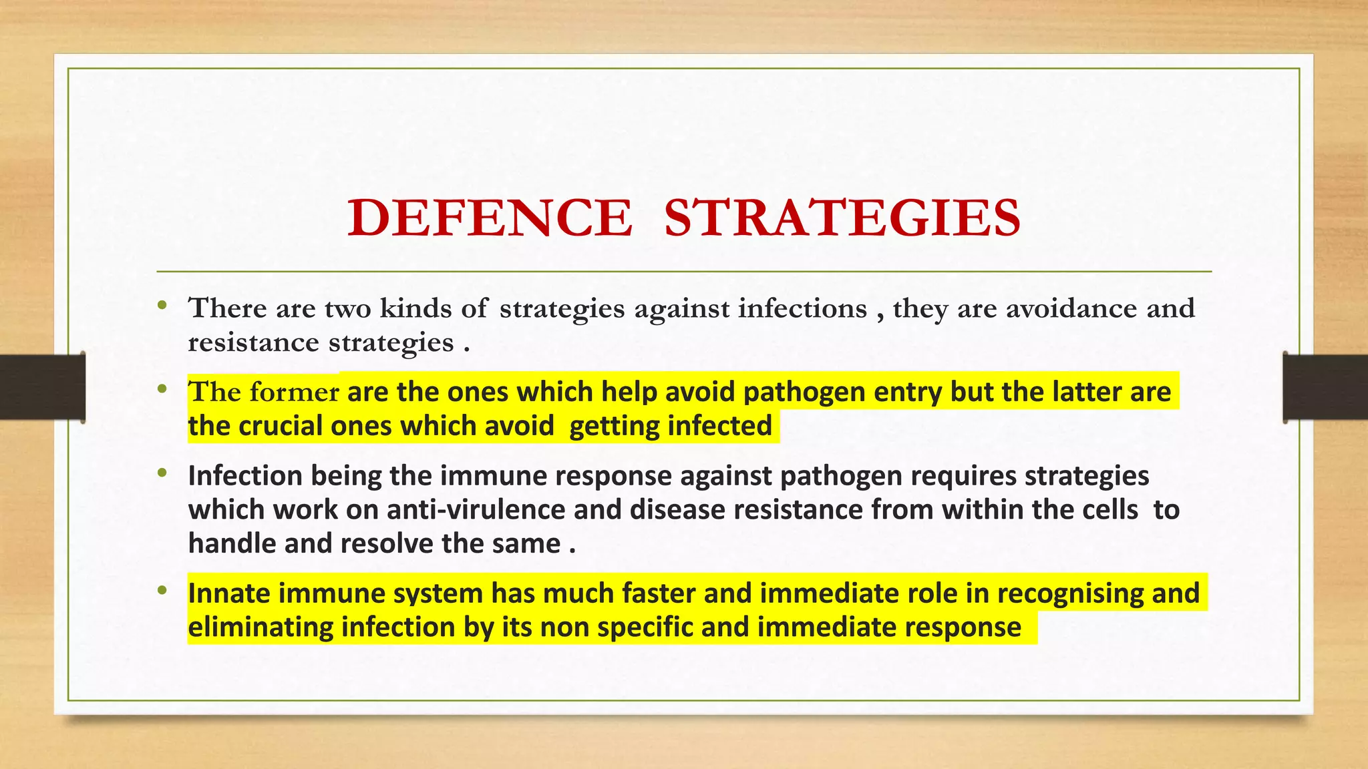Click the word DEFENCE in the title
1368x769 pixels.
[489, 218]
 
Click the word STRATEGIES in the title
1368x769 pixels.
[842, 218]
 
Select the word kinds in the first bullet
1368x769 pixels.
[415, 308]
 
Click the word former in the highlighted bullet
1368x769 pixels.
[294, 392]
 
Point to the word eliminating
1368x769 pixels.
[261, 627]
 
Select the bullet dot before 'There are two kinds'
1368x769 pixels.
[162, 306]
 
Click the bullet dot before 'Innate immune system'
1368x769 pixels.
[162, 591]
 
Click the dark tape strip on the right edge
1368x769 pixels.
[1325, 387]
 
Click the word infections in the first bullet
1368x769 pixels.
[802, 308]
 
